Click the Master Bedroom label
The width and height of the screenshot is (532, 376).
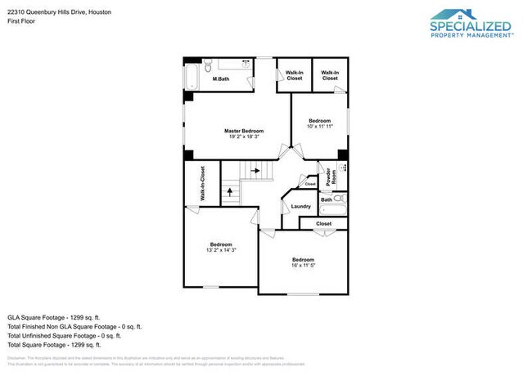[x=244, y=131]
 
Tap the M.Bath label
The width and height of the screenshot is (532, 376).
[x=220, y=79]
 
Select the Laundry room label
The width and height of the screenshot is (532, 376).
[x=301, y=206]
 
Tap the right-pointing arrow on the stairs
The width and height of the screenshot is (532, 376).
[x=256, y=171]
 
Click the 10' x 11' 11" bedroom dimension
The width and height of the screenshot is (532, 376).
[x=320, y=127]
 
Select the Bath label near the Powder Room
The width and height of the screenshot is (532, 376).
[x=327, y=199]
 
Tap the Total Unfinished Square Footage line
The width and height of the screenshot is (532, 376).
[x=64, y=335]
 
